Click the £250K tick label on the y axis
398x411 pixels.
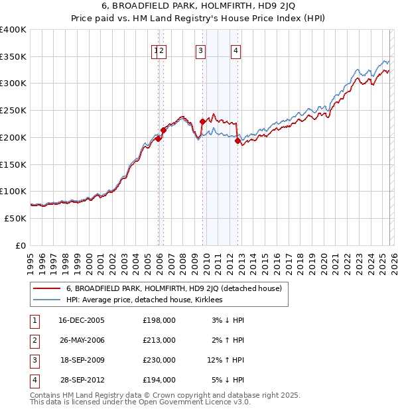click(x=13, y=111)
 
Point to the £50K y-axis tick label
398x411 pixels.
click(x=15, y=218)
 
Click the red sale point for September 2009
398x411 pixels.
click(x=202, y=121)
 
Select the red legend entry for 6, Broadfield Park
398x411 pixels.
click(x=174, y=288)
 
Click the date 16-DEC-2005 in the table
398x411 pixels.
click(x=82, y=320)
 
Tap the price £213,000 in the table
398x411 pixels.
click(x=159, y=340)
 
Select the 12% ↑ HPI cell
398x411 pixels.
click(x=226, y=360)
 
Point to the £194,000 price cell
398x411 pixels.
click(x=159, y=380)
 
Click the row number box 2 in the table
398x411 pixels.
click(x=34, y=340)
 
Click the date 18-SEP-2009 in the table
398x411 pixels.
click(x=82, y=360)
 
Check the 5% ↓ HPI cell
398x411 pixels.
click(x=228, y=380)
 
